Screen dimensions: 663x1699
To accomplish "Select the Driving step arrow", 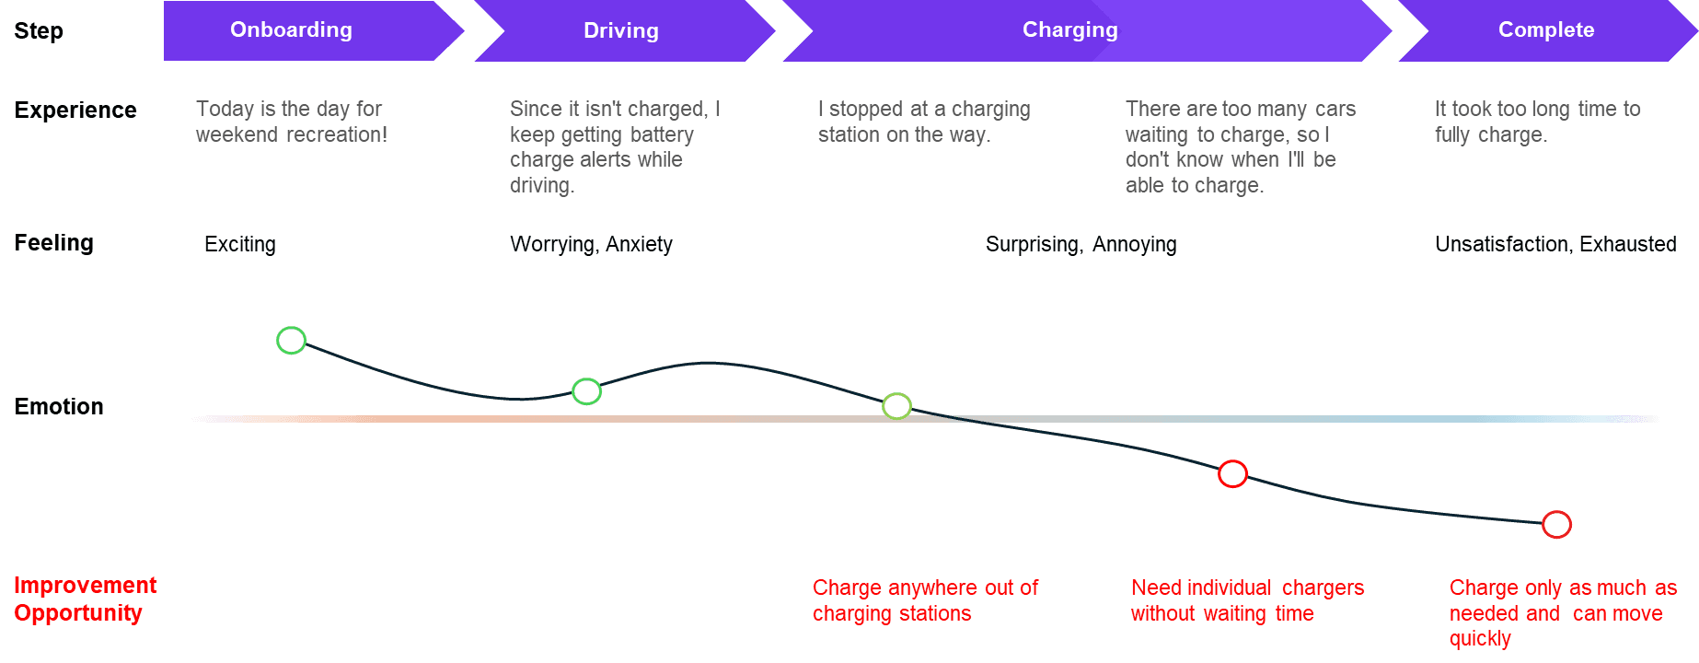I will pyautogui.click(x=621, y=31).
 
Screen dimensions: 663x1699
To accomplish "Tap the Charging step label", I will pyautogui.click(x=1069, y=30).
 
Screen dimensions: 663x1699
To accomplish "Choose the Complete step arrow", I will pyautogui.click(x=1545, y=30).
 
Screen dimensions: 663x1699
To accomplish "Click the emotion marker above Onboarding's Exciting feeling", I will pyautogui.click(x=291, y=341).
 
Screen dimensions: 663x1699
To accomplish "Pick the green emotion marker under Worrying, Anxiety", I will pyautogui.click(x=586, y=391).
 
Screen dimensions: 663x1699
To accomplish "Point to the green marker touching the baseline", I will pyautogui.click(x=896, y=406).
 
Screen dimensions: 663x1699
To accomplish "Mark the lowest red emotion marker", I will pyautogui.click(x=1556, y=525).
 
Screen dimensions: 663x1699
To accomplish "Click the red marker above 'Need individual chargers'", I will pyautogui.click(x=1232, y=474).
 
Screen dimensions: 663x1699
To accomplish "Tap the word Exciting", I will pyautogui.click(x=239, y=245).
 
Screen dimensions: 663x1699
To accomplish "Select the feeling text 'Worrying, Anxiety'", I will pyautogui.click(x=591, y=245).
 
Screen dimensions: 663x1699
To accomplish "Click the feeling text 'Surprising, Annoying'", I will pyautogui.click(x=1081, y=245).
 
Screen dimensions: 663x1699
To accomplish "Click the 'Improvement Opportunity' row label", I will pyautogui.click(x=84, y=599).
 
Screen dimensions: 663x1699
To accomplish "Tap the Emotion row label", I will pyautogui.click(x=59, y=407).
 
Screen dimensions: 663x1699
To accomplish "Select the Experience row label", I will pyautogui.click(x=75, y=110).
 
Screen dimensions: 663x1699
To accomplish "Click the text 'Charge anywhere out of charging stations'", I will pyautogui.click(x=924, y=600).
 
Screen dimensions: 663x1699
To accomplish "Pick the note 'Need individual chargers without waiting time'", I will pyautogui.click(x=1246, y=600).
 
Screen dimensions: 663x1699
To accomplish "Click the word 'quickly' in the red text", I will pyautogui.click(x=1479, y=639).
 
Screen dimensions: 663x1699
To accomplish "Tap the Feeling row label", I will pyautogui.click(x=54, y=243).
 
